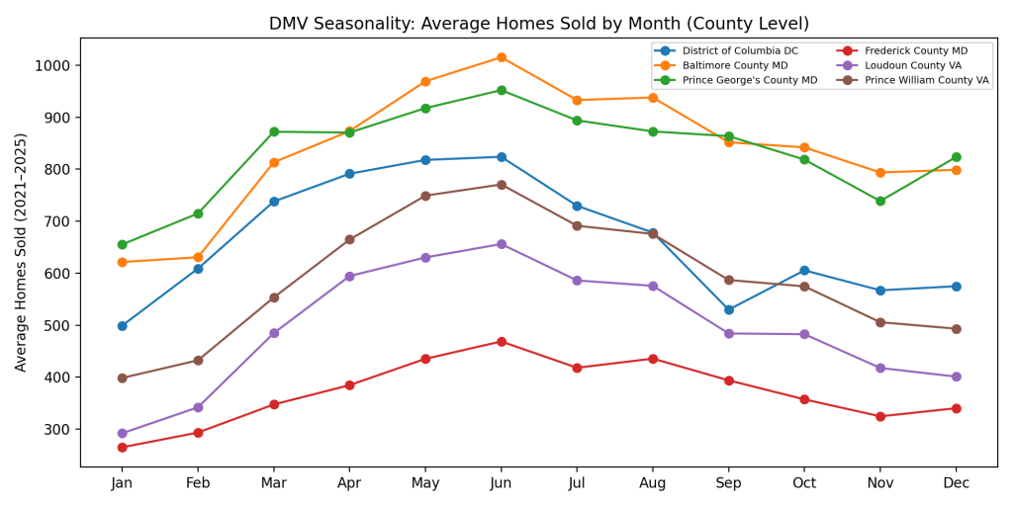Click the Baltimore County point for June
coord(501,57)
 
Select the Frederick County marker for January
coord(122,448)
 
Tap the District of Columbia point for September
coord(728,309)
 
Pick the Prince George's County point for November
coord(880,201)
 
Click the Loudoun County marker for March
coord(274,333)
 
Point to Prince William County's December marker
coord(956,329)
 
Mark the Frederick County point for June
coord(501,342)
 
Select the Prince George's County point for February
coord(198,213)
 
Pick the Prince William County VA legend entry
coord(926,81)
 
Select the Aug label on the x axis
coord(652,484)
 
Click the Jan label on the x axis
coord(122,484)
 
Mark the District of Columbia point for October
coord(804,270)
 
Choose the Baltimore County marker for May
coord(425,81)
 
